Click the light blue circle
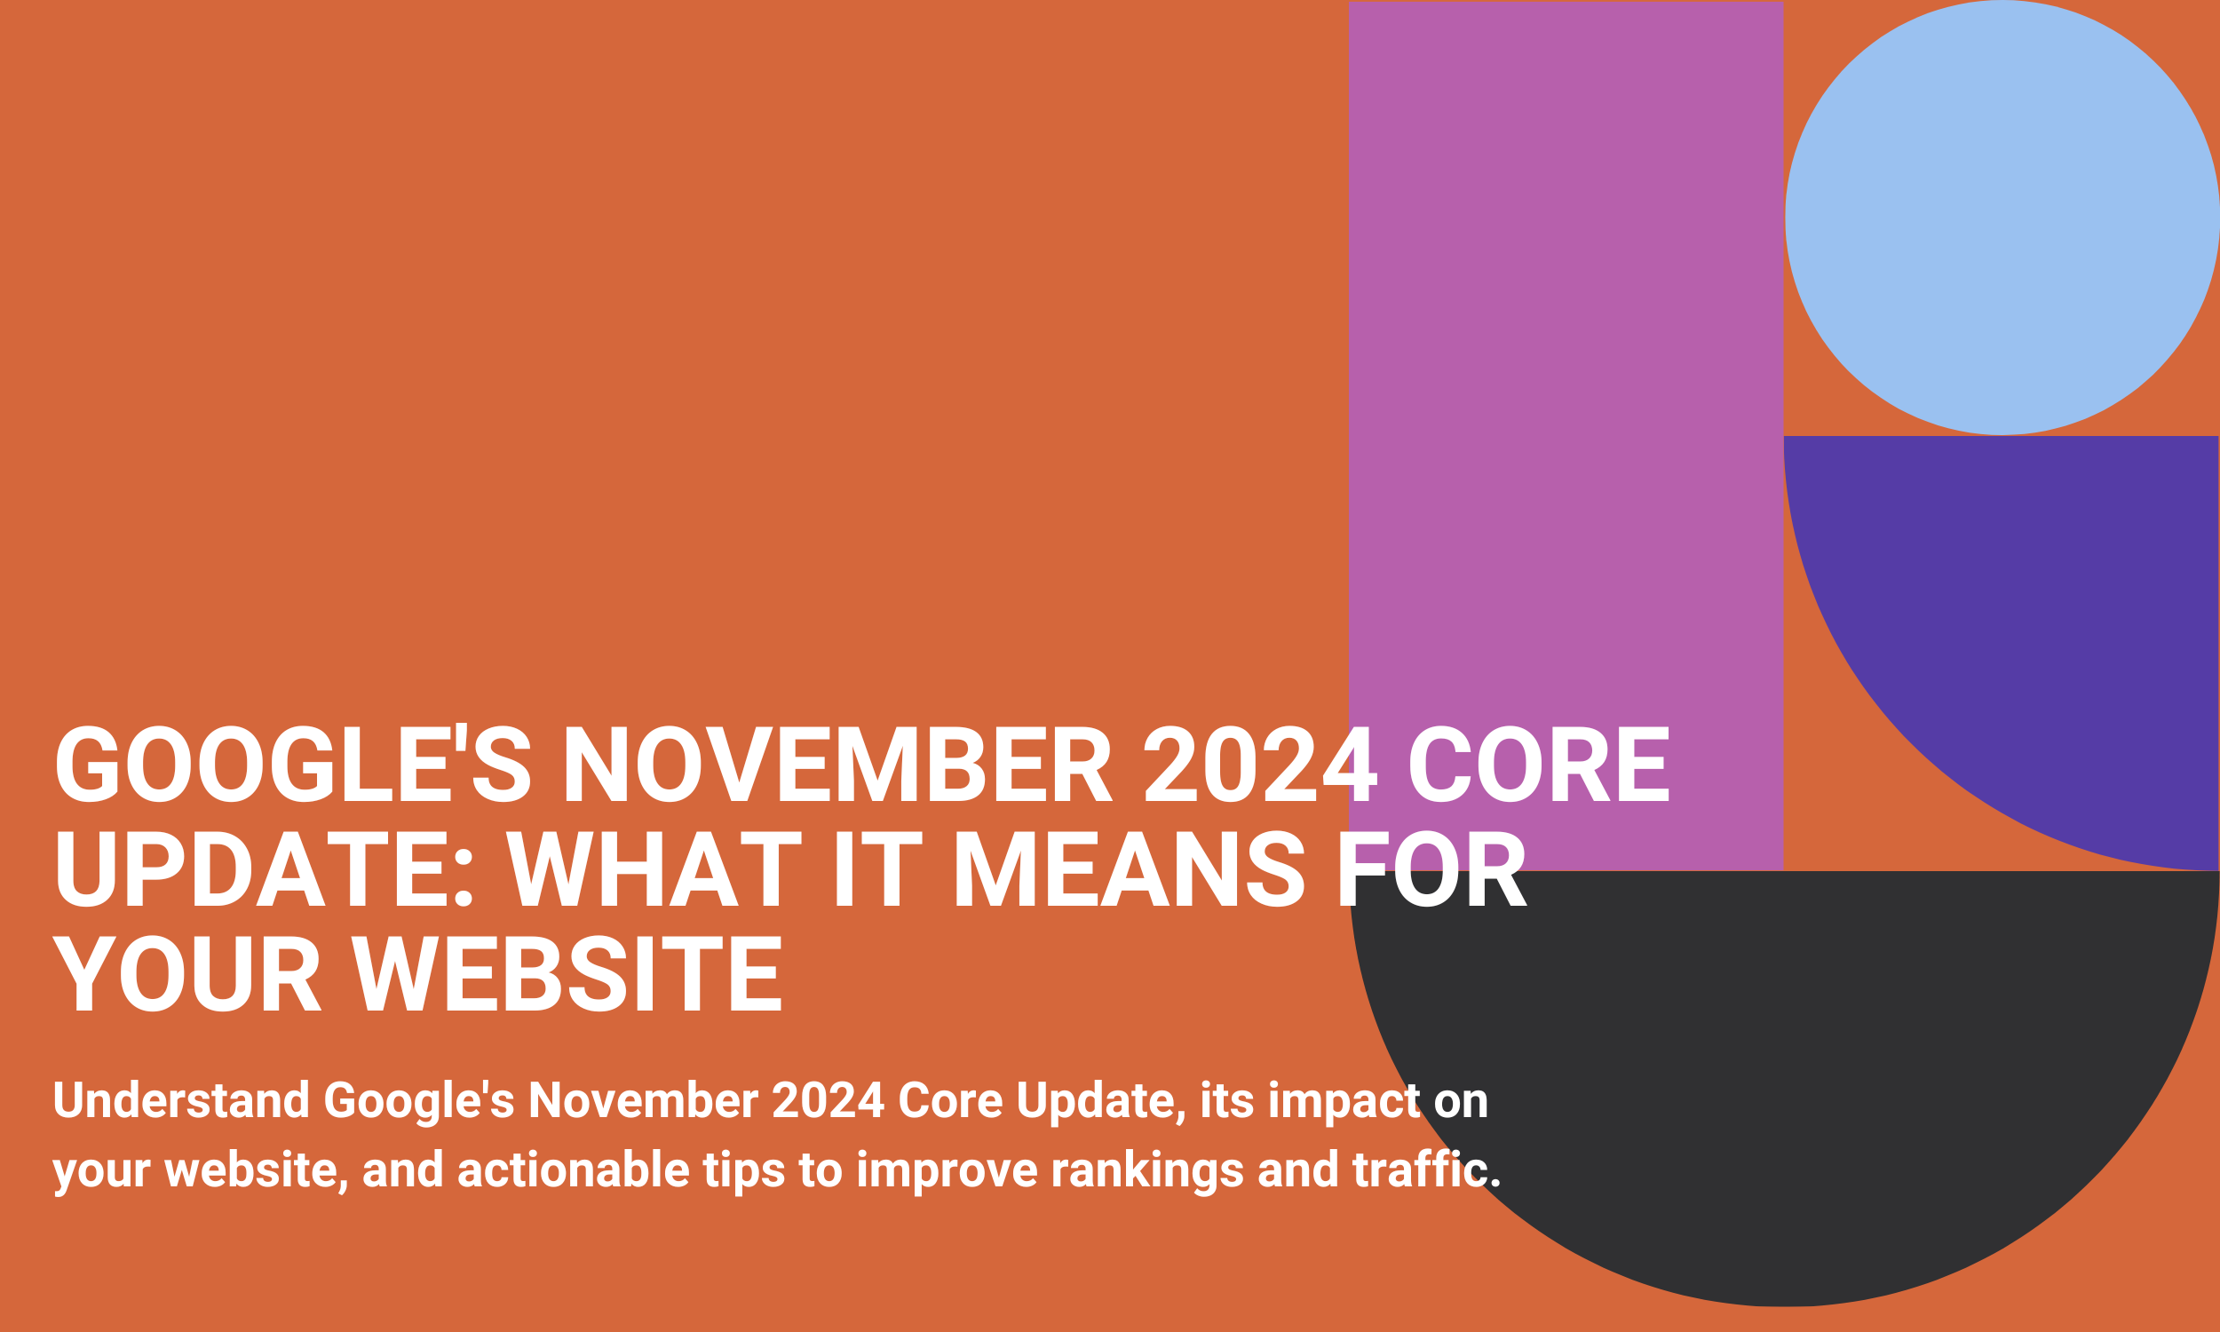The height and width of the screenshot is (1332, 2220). tap(2002, 218)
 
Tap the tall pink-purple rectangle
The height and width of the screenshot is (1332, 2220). tap(1566, 359)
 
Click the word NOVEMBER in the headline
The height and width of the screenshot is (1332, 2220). tap(837, 764)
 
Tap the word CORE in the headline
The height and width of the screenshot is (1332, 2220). tap(1539, 764)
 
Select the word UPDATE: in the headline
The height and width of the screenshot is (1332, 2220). tap(263, 868)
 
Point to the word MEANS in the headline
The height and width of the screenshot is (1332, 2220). tap(1128, 868)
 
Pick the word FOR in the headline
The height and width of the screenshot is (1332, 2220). tap(1432, 868)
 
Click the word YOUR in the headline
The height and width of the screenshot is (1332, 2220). tap(186, 973)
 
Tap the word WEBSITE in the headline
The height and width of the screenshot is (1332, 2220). tap(567, 973)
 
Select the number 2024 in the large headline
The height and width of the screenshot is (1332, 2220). tap(1261, 764)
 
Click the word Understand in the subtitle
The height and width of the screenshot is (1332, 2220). tap(181, 1100)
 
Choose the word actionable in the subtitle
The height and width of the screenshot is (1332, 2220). tap(574, 1169)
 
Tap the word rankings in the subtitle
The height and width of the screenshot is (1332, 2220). tap(1146, 1171)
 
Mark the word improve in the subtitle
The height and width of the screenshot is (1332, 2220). tap(947, 1171)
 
